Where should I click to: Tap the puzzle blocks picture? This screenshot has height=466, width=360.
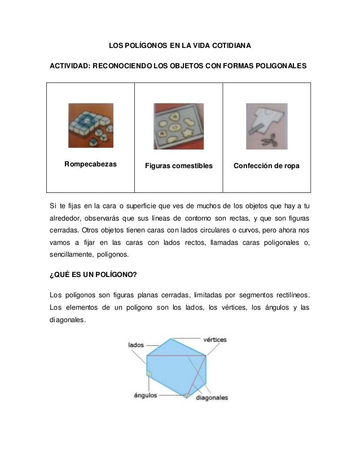pyautogui.click(x=90, y=125)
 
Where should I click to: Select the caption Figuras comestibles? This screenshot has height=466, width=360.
pyautogui.click(x=178, y=166)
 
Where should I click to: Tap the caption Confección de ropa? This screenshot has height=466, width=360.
pyautogui.click(x=267, y=166)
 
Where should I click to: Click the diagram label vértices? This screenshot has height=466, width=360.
pyautogui.click(x=214, y=340)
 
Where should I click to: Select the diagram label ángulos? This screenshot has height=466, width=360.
pyautogui.click(x=145, y=395)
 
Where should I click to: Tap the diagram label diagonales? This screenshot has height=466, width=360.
pyautogui.click(x=212, y=398)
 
